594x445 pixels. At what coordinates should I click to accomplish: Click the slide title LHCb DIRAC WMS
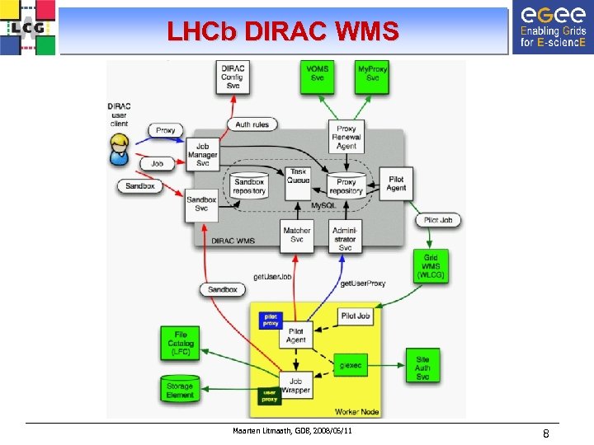click(282, 31)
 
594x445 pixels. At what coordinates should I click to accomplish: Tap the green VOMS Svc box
click(318, 73)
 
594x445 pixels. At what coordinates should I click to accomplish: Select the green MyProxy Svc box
click(373, 73)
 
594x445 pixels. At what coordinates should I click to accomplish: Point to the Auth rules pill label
click(252, 124)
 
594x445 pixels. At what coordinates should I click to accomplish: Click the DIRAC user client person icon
click(120, 148)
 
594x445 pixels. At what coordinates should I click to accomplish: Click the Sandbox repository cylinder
click(249, 185)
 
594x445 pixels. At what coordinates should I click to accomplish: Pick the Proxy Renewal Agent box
click(346, 137)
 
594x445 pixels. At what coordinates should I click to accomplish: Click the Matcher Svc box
click(297, 235)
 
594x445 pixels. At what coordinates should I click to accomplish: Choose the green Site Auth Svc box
click(422, 365)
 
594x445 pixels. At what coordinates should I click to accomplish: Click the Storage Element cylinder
click(179, 389)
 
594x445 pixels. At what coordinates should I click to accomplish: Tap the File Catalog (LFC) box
click(180, 343)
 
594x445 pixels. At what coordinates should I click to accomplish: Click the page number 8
click(545, 433)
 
